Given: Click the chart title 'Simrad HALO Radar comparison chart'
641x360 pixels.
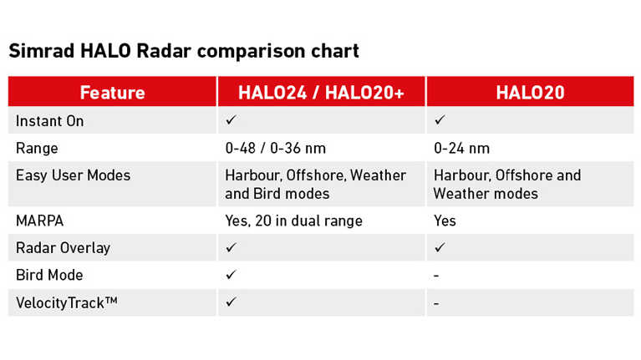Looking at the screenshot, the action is click(x=184, y=52).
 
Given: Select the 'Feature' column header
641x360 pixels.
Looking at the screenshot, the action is click(x=113, y=93).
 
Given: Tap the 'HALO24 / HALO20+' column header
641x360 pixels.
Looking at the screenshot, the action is click(x=321, y=93).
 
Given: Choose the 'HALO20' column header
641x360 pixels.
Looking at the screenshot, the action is click(x=530, y=93).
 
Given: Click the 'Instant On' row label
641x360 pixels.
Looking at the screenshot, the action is click(x=50, y=121).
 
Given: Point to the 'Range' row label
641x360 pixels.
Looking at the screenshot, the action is click(x=37, y=149).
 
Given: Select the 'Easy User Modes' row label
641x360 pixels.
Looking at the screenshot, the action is click(x=74, y=175).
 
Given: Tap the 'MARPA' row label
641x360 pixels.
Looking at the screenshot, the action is click(x=39, y=221).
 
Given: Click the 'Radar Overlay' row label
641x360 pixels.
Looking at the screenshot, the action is click(x=63, y=248).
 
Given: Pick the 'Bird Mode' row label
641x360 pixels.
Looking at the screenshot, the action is click(x=49, y=276).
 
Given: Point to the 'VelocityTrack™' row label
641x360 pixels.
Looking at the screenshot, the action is click(x=67, y=303).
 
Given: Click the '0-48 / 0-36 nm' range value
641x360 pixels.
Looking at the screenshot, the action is click(x=276, y=149).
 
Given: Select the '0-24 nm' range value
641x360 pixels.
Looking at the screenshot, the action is click(x=461, y=149).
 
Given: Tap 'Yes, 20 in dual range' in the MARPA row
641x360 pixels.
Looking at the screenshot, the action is click(x=293, y=221).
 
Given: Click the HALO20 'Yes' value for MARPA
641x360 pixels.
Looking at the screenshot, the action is click(x=445, y=221).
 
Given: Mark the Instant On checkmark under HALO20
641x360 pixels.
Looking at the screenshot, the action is click(x=440, y=119).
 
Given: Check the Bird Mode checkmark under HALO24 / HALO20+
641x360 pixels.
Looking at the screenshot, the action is click(x=231, y=275).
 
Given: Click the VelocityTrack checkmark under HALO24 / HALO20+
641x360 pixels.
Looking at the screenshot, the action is click(x=231, y=302).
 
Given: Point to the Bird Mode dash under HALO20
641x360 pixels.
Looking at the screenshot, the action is click(x=436, y=276).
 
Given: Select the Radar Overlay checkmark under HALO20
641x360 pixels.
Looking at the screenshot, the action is click(x=440, y=247).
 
